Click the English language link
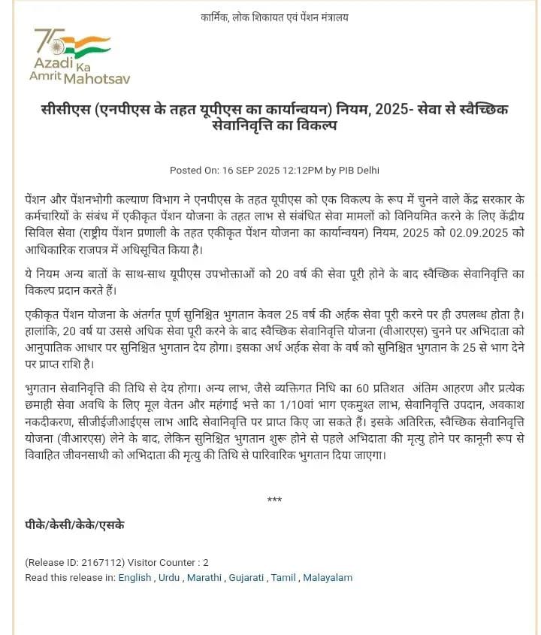coord(134,578)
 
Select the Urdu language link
coord(169,578)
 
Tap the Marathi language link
coord(204,578)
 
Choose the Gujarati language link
coord(246,578)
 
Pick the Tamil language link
coord(284,578)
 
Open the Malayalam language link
coord(328,578)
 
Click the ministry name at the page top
coord(275,17)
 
